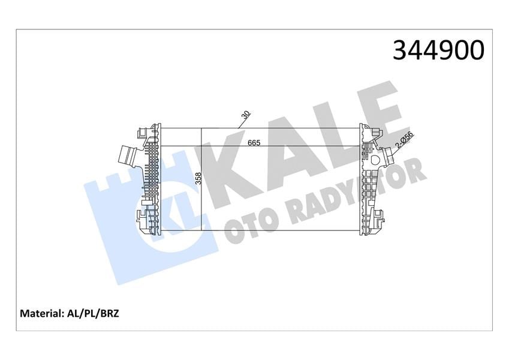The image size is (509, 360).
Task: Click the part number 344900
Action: (x=438, y=50)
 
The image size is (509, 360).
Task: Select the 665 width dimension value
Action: (x=254, y=143)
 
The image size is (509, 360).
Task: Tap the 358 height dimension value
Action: (x=198, y=179)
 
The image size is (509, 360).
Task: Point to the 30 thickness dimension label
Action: (x=246, y=115)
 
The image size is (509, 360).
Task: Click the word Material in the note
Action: (x=41, y=314)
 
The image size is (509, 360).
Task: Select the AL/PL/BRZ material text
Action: (x=93, y=314)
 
